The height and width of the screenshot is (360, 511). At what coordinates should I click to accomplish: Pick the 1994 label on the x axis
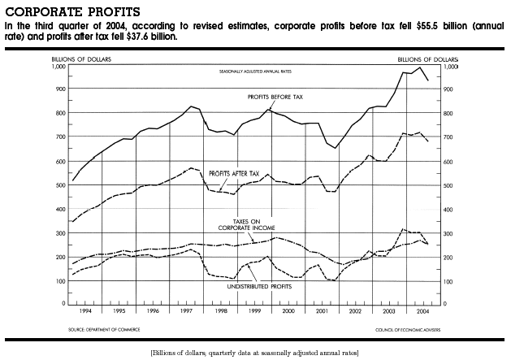point(85,310)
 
